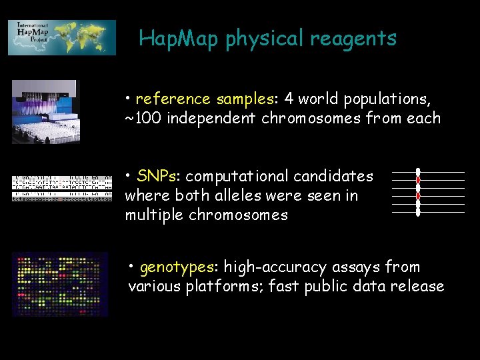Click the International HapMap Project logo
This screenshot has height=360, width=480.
(x=61, y=37)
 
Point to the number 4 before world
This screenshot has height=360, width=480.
(x=289, y=99)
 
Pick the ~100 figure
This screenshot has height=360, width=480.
(x=143, y=119)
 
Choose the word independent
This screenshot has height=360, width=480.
(x=211, y=119)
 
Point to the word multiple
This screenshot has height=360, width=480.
(x=150, y=215)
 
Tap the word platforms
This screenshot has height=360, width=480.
(x=226, y=287)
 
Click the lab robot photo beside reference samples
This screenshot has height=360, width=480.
(x=45, y=112)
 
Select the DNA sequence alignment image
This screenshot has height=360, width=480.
(x=61, y=188)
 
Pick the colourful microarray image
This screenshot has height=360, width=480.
(x=60, y=284)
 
